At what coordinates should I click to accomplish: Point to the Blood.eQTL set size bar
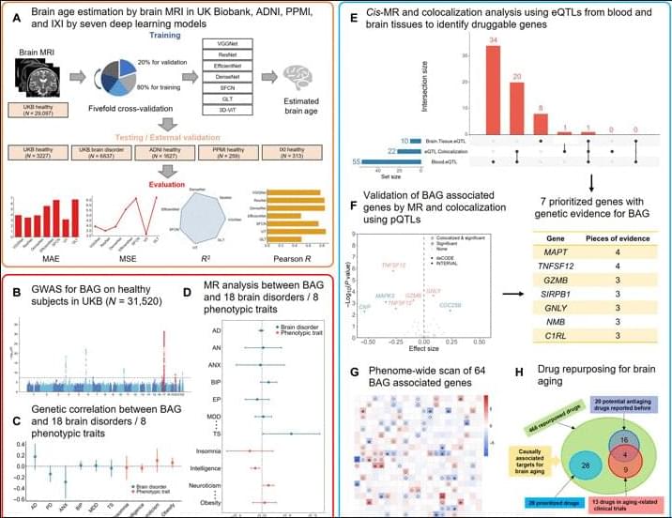click(x=386, y=162)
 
